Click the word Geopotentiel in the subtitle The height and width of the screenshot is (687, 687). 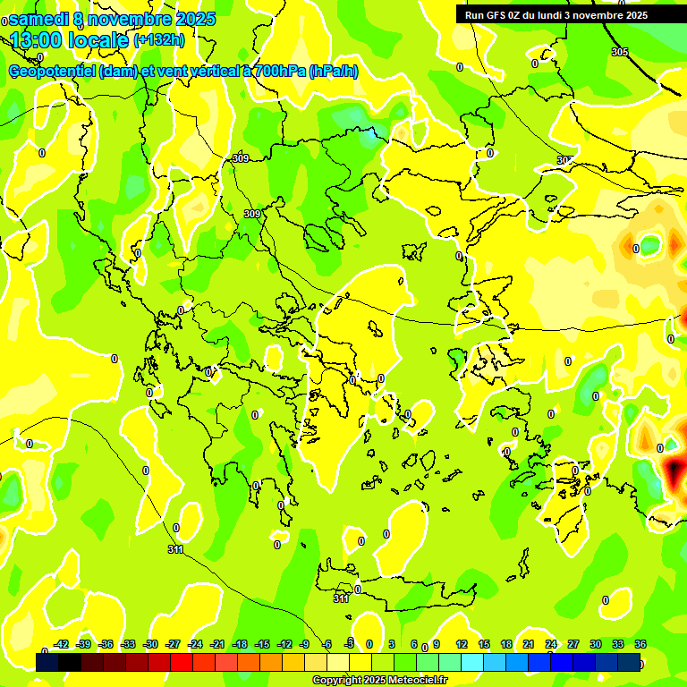click(53, 71)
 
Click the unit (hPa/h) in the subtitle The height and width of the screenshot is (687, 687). click(333, 71)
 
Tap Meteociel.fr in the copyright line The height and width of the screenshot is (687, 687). click(412, 681)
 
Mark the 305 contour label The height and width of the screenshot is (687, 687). click(619, 52)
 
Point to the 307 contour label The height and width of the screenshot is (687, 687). click(564, 160)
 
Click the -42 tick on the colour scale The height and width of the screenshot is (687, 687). click(61, 645)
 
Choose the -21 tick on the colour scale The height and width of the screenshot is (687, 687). click(217, 645)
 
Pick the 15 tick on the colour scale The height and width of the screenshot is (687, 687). click(483, 645)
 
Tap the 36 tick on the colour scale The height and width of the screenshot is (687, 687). click(640, 645)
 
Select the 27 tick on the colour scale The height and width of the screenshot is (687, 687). click(573, 645)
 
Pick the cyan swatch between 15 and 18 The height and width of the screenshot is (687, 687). click(495, 662)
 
